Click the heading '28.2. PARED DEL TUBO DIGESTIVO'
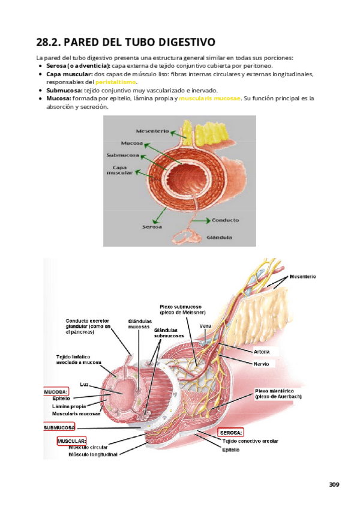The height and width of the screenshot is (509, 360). click(125, 42)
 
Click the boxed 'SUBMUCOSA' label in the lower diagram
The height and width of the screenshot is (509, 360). click(59, 427)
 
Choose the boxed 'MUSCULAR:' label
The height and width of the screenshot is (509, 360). click(71, 441)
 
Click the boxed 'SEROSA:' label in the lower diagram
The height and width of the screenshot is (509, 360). click(231, 432)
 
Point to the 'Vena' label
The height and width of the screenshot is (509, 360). click(205, 326)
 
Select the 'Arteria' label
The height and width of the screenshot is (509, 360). click(262, 351)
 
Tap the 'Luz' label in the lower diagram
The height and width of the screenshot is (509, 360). click(85, 384)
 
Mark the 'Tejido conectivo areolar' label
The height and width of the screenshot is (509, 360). click(250, 441)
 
